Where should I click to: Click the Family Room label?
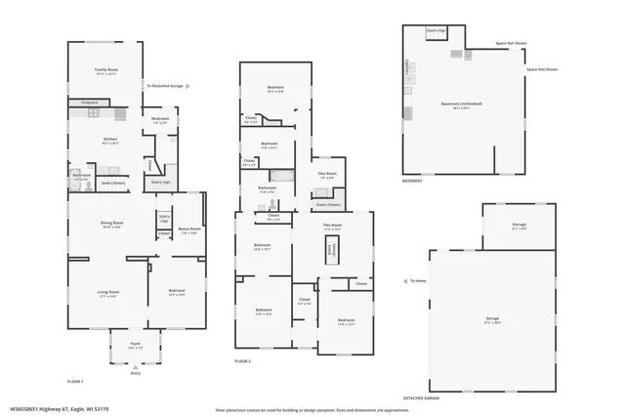click(105, 71)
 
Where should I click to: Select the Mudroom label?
click(160, 121)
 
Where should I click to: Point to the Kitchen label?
click(110, 141)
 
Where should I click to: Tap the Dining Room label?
click(111, 225)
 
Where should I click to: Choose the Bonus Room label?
click(189, 230)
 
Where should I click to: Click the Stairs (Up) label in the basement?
click(437, 31)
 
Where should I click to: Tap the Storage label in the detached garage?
click(519, 226)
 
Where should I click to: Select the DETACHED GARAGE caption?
click(421, 398)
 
